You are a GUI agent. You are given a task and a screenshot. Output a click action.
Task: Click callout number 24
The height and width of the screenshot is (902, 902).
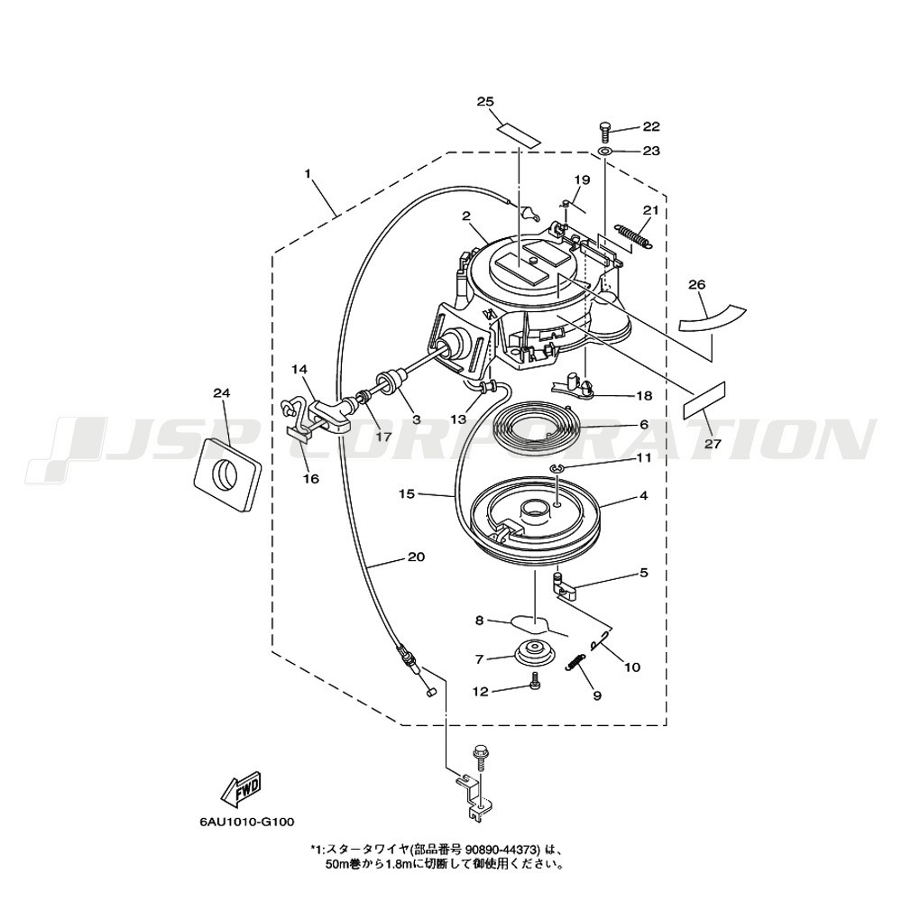pyautogui.click(x=222, y=393)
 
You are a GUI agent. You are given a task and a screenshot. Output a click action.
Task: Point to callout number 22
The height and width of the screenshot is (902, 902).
pyautogui.click(x=651, y=126)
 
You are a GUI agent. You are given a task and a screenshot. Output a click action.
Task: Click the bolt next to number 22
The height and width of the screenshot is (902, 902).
pyautogui.click(x=604, y=133)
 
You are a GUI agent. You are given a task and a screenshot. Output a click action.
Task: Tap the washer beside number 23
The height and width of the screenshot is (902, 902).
pyautogui.click(x=605, y=152)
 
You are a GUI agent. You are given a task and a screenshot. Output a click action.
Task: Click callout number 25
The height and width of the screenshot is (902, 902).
pyautogui.click(x=485, y=102)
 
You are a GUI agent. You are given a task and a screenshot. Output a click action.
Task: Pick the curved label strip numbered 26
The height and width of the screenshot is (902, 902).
pyautogui.click(x=713, y=318)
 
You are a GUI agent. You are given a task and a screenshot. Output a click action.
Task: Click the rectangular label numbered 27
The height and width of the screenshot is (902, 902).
pyautogui.click(x=704, y=401)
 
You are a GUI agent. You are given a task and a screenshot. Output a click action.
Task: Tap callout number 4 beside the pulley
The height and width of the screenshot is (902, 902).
pyautogui.click(x=643, y=495)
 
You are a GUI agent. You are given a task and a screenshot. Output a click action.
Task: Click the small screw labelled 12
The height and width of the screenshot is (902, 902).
pyautogui.click(x=534, y=680)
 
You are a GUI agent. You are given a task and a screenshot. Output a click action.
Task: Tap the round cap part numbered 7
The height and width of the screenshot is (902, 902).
pyautogui.click(x=533, y=652)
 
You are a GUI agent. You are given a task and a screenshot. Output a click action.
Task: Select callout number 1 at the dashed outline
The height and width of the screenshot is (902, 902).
pyautogui.click(x=308, y=172)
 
